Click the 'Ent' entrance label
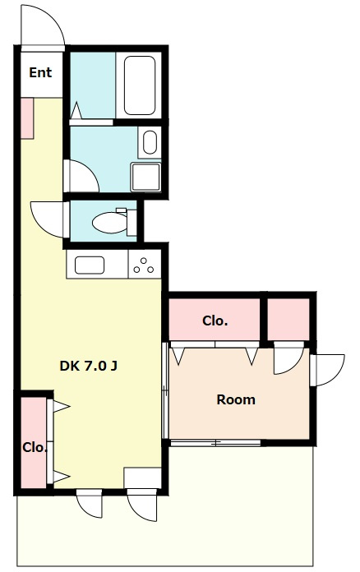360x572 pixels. (x=40, y=72)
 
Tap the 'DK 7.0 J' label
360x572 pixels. (x=88, y=366)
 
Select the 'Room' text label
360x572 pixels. (x=236, y=399)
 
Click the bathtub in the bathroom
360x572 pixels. (x=140, y=85)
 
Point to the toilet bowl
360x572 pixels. (x=110, y=223)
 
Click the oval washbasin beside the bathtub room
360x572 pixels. (x=150, y=142)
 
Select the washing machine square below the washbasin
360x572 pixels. (x=146, y=177)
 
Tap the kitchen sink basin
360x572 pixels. (x=90, y=265)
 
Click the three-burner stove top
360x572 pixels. (x=145, y=265)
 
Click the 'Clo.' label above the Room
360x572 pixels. (x=215, y=321)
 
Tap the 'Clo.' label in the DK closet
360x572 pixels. (x=35, y=448)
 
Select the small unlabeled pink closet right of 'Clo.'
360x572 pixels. (x=288, y=319)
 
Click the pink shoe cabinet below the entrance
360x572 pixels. (x=27, y=118)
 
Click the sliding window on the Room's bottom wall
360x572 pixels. (x=215, y=443)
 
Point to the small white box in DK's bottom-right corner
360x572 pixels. (x=143, y=477)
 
